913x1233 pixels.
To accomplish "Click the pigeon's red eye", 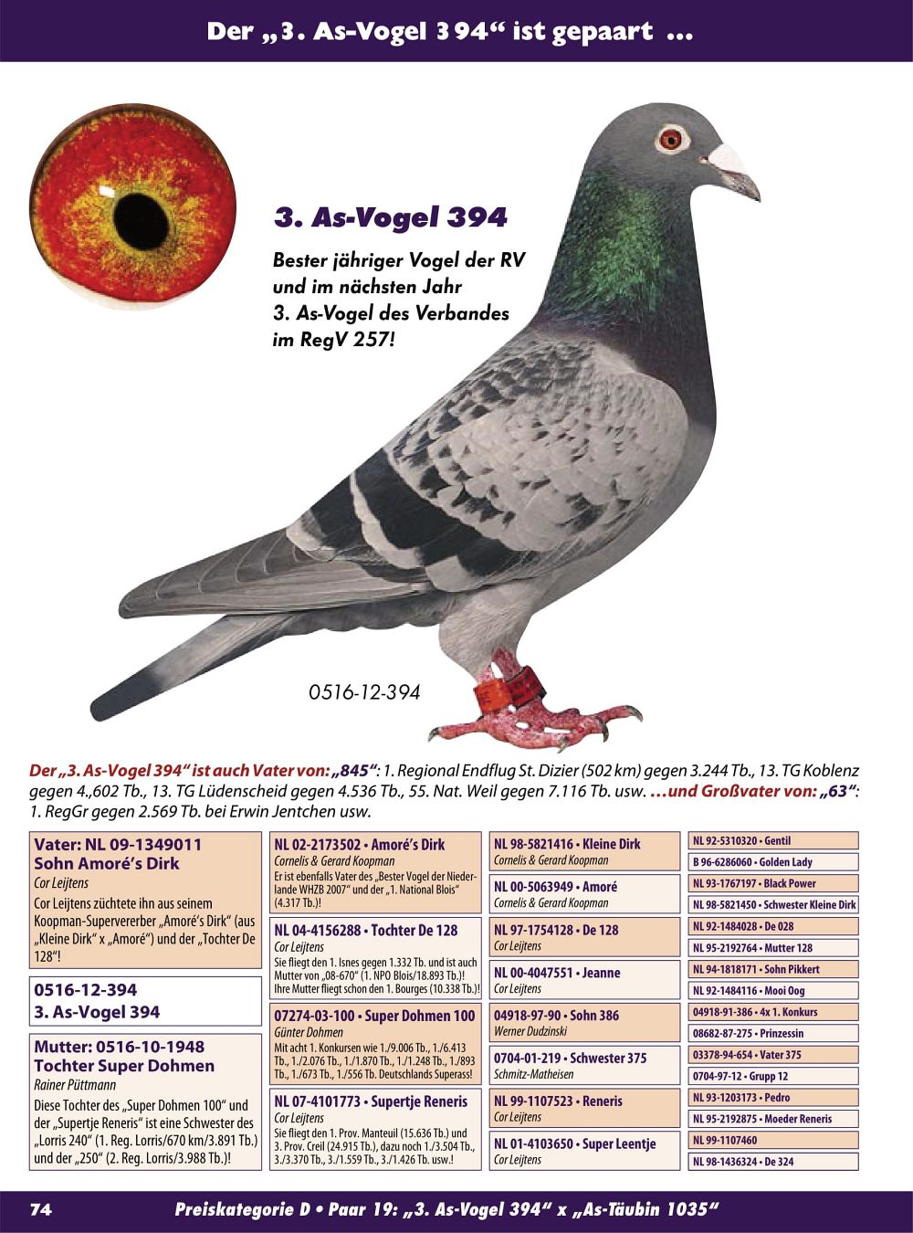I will [x=670, y=139].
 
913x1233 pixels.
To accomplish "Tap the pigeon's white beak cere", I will [x=727, y=156].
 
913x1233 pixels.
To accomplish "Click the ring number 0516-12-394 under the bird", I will [x=364, y=692].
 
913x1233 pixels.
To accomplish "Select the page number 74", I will [x=41, y=1209].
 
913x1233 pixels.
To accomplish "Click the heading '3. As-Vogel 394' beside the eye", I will [x=390, y=217].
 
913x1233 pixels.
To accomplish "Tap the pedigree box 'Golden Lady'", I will [x=772, y=862].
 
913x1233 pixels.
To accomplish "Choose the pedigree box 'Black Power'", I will [x=772, y=883].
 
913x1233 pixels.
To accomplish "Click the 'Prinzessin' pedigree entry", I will [x=772, y=1033].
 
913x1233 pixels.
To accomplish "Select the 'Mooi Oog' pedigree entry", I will [x=772, y=990].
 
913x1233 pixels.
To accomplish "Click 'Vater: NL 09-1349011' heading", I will [x=118, y=845].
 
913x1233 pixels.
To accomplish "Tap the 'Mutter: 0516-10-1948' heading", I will [x=119, y=1047].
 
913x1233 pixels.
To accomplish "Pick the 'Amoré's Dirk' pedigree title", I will [x=359, y=845].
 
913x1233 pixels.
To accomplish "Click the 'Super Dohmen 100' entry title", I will [x=374, y=1016].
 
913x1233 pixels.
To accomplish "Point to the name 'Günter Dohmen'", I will [x=309, y=1032].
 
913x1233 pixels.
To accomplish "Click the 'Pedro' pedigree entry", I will [x=772, y=1097].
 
